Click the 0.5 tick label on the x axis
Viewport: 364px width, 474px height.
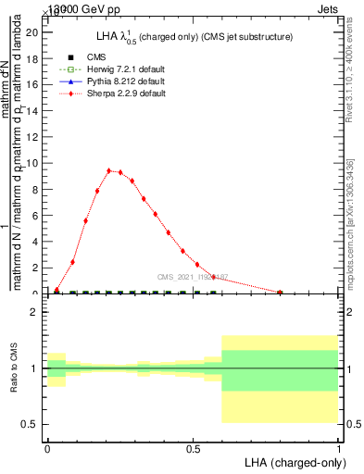[x=193, y=448]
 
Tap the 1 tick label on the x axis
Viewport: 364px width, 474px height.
[x=338, y=448]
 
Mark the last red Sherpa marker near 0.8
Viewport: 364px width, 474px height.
[x=280, y=292]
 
